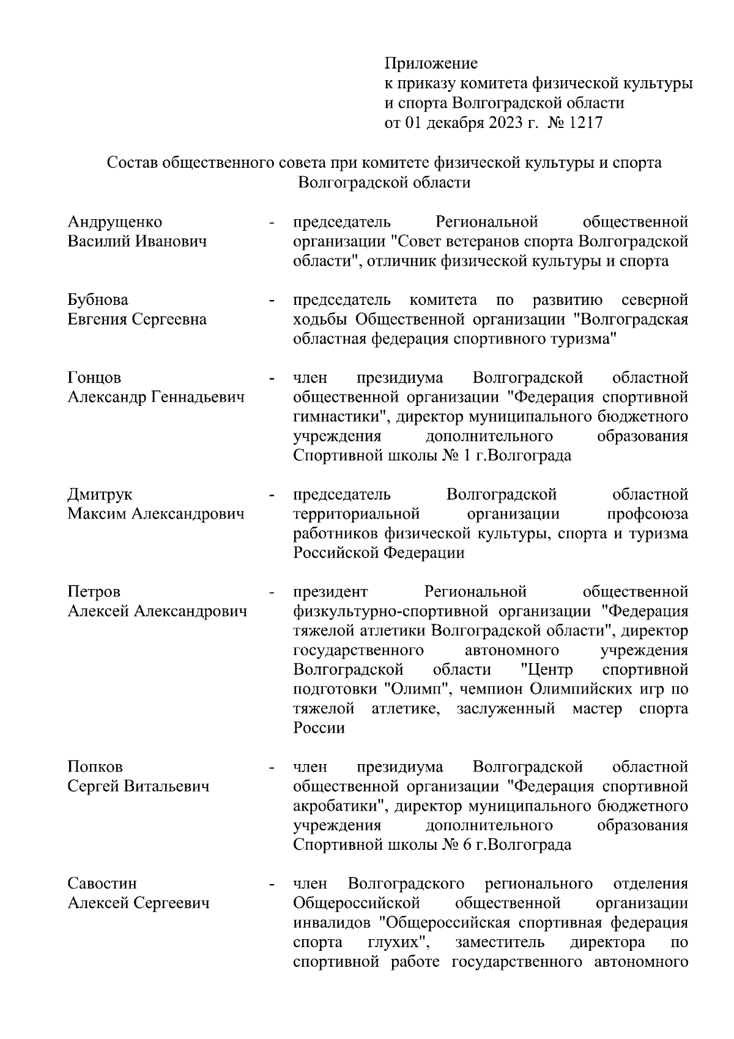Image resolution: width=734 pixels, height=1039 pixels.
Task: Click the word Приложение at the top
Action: tap(431, 63)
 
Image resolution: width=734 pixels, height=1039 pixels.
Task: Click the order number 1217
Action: tap(585, 122)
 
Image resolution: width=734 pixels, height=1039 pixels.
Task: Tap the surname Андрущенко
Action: tap(114, 222)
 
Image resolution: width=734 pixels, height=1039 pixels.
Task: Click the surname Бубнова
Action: tap(98, 299)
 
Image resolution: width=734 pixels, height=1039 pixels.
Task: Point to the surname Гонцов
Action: tap(94, 377)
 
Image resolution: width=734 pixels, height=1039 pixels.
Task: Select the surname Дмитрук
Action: tap(100, 494)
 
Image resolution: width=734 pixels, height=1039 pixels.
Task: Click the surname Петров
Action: tap(94, 591)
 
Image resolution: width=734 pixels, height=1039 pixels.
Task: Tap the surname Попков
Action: tap(95, 767)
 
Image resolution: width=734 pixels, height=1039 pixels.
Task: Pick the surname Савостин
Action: tap(102, 883)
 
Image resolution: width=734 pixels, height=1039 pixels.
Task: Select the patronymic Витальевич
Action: tap(166, 786)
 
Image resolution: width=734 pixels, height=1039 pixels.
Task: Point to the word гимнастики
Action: tap(342, 417)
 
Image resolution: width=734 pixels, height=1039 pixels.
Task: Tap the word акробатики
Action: tap(340, 806)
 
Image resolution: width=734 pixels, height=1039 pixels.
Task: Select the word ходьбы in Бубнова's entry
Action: tap(321, 319)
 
